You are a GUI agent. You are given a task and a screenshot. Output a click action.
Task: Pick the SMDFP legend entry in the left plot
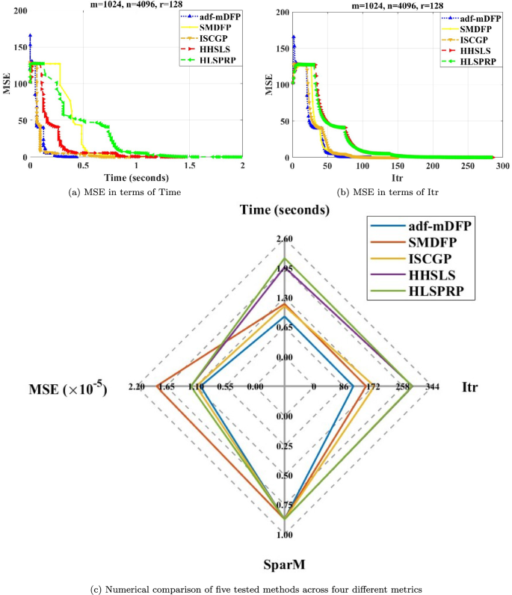coord(214,26)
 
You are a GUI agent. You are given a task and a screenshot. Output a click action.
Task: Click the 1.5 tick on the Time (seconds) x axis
coord(190,165)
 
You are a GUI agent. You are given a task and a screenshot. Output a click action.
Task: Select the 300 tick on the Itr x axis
coord(502,165)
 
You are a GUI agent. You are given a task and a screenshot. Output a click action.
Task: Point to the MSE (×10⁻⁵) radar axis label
coord(67,388)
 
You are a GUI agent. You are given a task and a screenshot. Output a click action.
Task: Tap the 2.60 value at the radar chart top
coord(284,239)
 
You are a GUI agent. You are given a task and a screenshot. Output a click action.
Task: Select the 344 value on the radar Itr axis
coord(432,386)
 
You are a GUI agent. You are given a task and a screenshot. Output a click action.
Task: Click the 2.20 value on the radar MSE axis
coord(137,386)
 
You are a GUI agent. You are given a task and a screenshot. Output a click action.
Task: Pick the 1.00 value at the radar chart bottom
coord(284,534)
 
